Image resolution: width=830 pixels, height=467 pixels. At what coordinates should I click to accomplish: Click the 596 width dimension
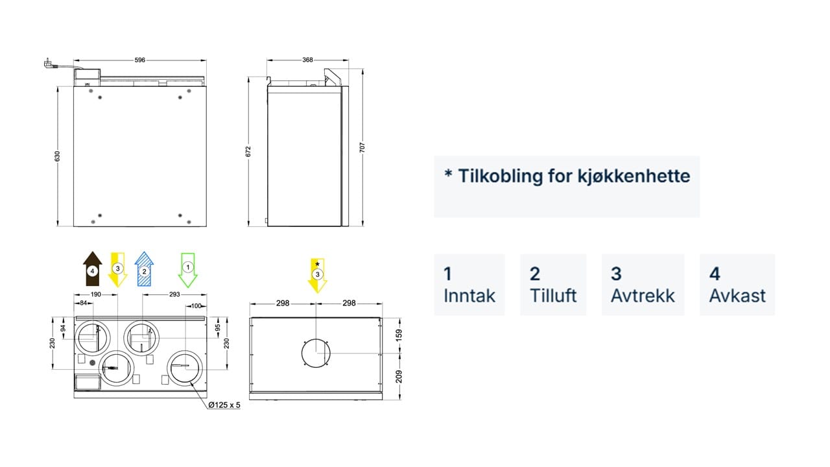tap(139, 60)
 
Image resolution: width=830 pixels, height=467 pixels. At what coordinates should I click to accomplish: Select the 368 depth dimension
tap(307, 60)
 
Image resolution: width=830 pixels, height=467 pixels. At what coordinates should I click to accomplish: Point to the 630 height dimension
tap(58, 156)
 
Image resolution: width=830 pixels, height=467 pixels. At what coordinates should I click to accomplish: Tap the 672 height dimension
tap(248, 151)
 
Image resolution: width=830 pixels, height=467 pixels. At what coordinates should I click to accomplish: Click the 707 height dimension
tap(362, 147)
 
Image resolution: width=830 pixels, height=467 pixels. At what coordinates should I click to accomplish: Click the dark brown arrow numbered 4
tap(92, 269)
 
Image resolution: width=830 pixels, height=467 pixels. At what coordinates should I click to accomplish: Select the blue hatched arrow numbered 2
tap(144, 269)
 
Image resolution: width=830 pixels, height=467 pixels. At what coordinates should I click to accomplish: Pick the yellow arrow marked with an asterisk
tap(318, 276)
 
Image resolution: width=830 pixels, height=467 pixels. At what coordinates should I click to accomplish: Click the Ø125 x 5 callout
tap(224, 405)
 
